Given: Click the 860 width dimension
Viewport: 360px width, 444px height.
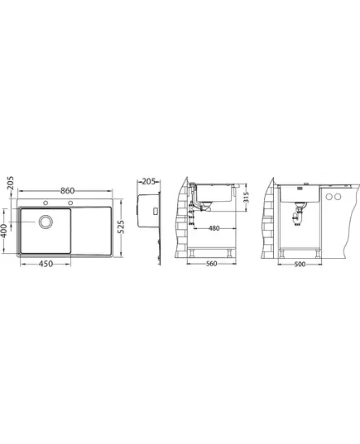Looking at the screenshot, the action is coord(68,191).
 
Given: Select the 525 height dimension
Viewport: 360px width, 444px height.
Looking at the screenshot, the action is coord(121,227).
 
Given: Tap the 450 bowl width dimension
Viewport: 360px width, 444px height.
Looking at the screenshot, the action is coord(46,264).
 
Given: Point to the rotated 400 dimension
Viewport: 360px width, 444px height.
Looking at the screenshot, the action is coord(4,231).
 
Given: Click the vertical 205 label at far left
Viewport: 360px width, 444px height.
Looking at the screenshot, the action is coord(10,183).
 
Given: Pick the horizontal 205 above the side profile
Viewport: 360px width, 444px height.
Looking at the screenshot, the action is coord(148,182).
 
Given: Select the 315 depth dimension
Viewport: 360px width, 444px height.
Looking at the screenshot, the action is coord(246,197).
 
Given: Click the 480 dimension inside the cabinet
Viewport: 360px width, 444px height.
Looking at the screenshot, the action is coord(214,228).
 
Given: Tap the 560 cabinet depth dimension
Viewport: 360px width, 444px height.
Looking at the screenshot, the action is coord(212,264).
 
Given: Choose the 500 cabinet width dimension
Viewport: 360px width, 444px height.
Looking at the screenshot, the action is coord(300,265).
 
